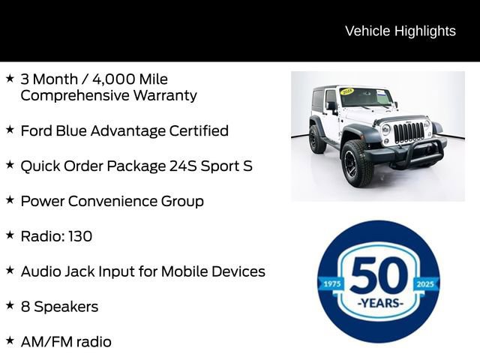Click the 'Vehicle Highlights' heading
click(400, 31)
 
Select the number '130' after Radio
click(80, 236)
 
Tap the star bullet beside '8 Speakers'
click(10, 305)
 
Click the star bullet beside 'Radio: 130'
click(10, 235)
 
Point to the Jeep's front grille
click(408, 133)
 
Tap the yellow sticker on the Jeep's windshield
click(347, 91)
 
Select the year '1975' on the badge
click(330, 284)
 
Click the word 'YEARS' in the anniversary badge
click(379, 303)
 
